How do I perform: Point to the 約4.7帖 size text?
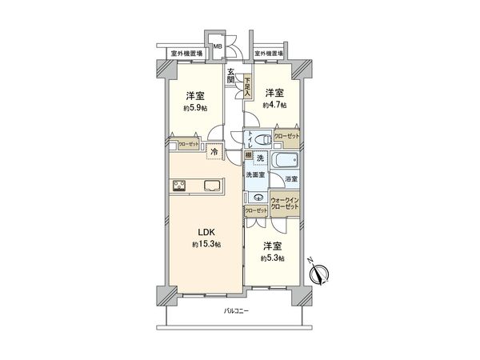coord(276,105)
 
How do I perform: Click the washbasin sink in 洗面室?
coord(258,197)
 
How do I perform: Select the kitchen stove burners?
coord(179,186)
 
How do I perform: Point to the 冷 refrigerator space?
coord(214,150)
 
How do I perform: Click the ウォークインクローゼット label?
coord(285,203)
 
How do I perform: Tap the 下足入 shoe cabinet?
coord(248,84)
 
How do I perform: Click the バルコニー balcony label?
coord(237,310)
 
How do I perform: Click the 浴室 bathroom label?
coord(291,180)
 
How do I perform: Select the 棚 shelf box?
coord(248,155)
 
